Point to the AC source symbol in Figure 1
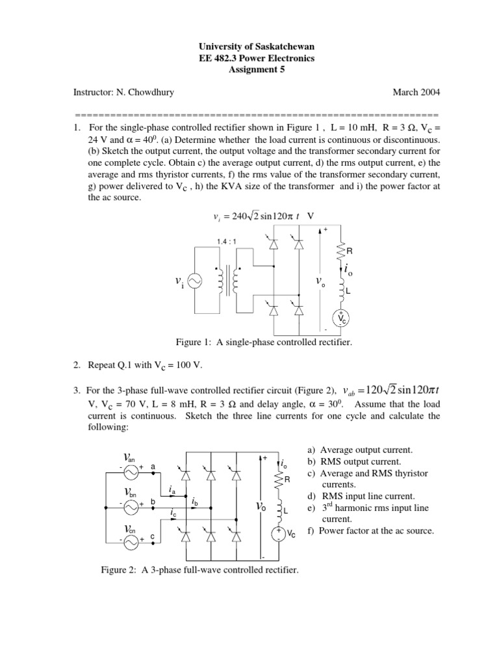tap(194, 281)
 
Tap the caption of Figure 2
tap(200, 571)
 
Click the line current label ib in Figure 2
tap(195, 501)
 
